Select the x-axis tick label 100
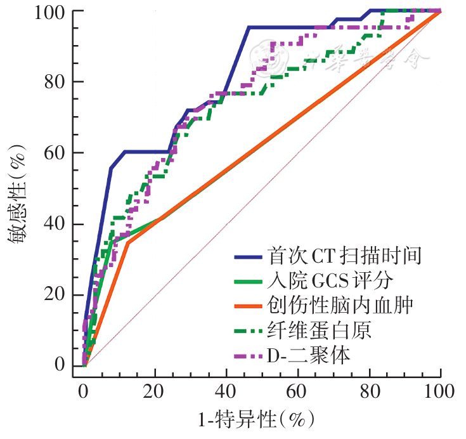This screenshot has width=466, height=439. click(x=439, y=390)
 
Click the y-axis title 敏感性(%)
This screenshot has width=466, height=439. click(x=18, y=190)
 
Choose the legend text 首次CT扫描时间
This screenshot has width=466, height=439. click(x=344, y=256)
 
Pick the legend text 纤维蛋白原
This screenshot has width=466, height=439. click(x=319, y=331)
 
